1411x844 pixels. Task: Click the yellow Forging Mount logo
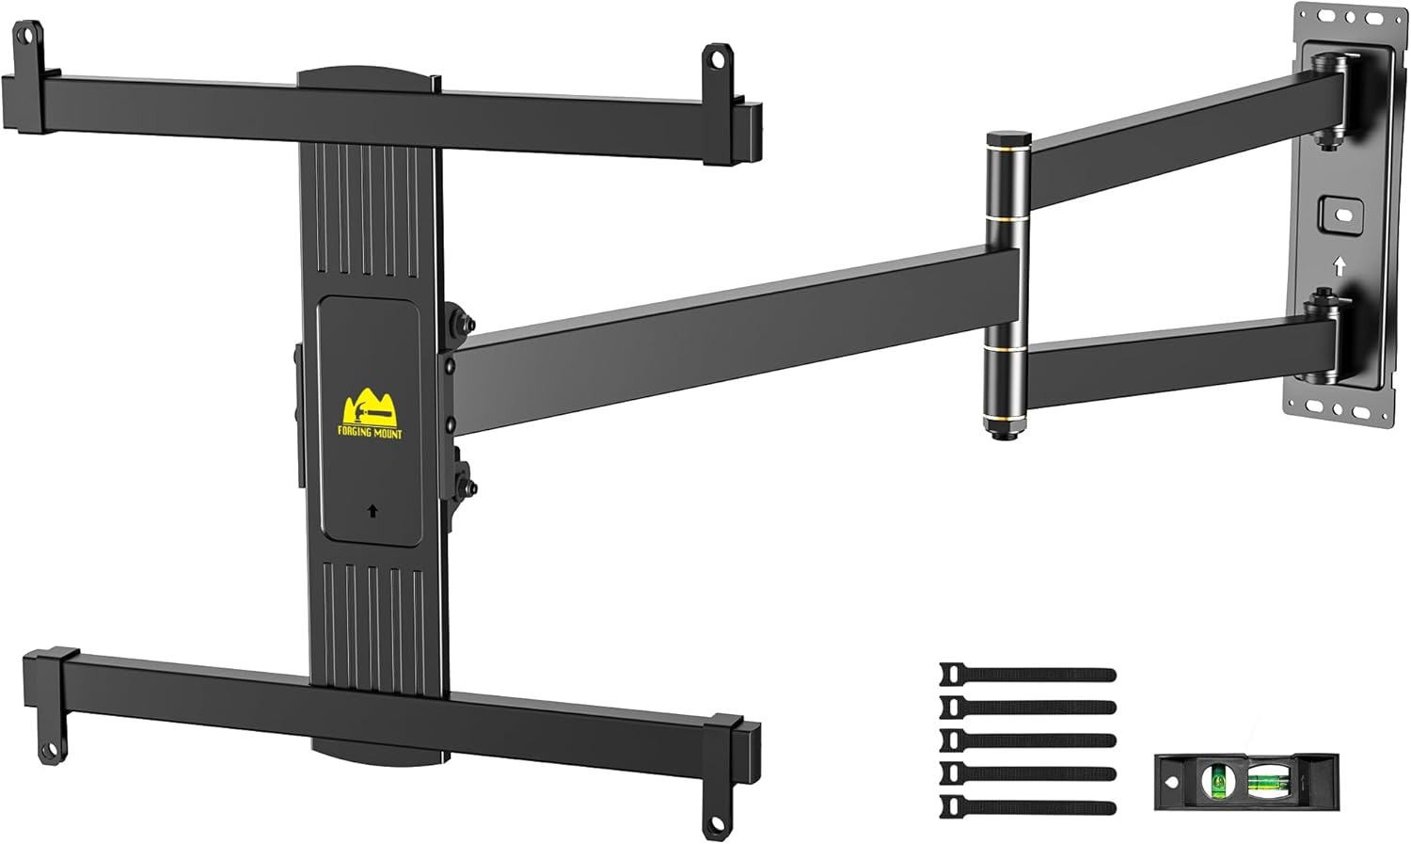click(371, 412)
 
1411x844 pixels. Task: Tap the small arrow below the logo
click(373, 511)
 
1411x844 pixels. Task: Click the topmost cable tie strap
click(1027, 675)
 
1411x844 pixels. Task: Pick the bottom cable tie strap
click(1027, 806)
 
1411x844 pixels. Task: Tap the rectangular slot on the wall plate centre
click(1342, 215)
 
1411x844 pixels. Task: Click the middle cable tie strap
click(1027, 740)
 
